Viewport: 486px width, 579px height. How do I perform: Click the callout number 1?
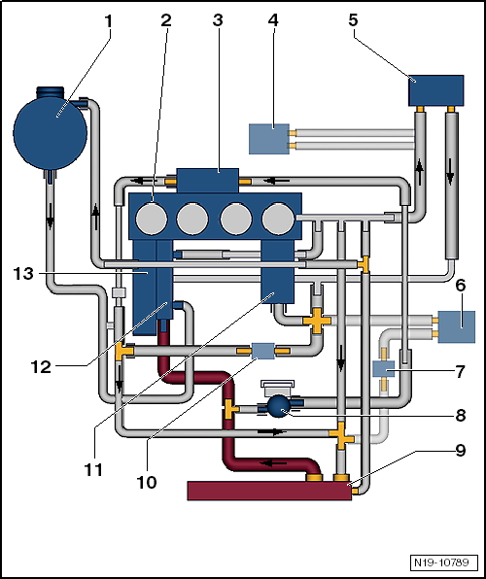pyautogui.click(x=108, y=21)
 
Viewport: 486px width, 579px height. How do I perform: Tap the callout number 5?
pyautogui.click(x=353, y=20)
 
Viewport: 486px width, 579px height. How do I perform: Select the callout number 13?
pyautogui.click(x=23, y=274)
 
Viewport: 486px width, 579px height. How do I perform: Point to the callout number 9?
pyautogui.click(x=460, y=451)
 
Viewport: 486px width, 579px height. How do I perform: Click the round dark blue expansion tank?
pyautogui.click(x=51, y=131)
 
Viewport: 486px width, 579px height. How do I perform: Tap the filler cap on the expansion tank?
pyautogui.click(x=50, y=92)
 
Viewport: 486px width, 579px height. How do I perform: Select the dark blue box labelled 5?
pyautogui.click(x=435, y=90)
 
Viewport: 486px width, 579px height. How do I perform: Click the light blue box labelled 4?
pyautogui.click(x=269, y=139)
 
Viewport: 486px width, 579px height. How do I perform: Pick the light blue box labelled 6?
pyautogui.click(x=457, y=326)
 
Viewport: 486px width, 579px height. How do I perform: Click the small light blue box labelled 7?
pyautogui.click(x=384, y=369)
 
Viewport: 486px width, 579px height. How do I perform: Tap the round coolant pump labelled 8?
pyautogui.click(x=279, y=406)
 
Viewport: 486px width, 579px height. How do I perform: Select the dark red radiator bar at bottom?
pyautogui.click(x=269, y=491)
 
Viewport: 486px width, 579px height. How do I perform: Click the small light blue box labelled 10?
pyautogui.click(x=262, y=351)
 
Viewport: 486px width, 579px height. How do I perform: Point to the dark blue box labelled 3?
pyautogui.click(x=208, y=181)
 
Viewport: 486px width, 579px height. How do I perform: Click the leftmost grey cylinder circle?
pyautogui.click(x=152, y=219)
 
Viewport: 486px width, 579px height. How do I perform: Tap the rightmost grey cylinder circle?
pyautogui.click(x=278, y=219)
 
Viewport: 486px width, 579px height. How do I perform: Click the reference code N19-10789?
pyautogui.click(x=441, y=562)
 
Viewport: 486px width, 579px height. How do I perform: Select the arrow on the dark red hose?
pyautogui.click(x=273, y=462)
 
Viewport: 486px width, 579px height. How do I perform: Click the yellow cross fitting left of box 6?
pyautogui.click(x=317, y=321)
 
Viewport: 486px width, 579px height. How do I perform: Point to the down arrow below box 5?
pyautogui.click(x=450, y=172)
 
